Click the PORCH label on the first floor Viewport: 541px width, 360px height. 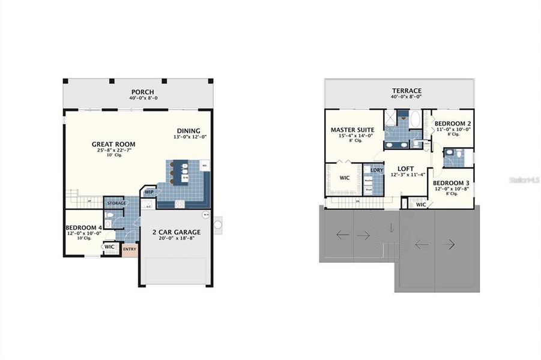143,92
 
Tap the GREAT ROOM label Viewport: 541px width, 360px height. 113,144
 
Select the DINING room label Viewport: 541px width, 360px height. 188,131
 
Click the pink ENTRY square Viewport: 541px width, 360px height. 130,249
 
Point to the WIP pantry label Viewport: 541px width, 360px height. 149,193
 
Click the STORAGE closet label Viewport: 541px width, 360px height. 116,203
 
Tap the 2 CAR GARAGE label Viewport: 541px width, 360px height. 176,232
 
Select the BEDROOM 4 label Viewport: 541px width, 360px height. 83,228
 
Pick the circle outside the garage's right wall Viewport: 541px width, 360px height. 218,225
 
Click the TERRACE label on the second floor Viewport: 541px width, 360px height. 407,91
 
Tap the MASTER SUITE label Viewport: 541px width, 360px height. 352,130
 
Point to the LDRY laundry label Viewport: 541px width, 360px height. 376,170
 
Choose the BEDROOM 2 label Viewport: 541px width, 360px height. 453,123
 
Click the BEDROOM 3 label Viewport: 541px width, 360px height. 451,183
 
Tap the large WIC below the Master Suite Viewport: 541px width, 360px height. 345,178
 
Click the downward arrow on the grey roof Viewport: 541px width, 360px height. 391,228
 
